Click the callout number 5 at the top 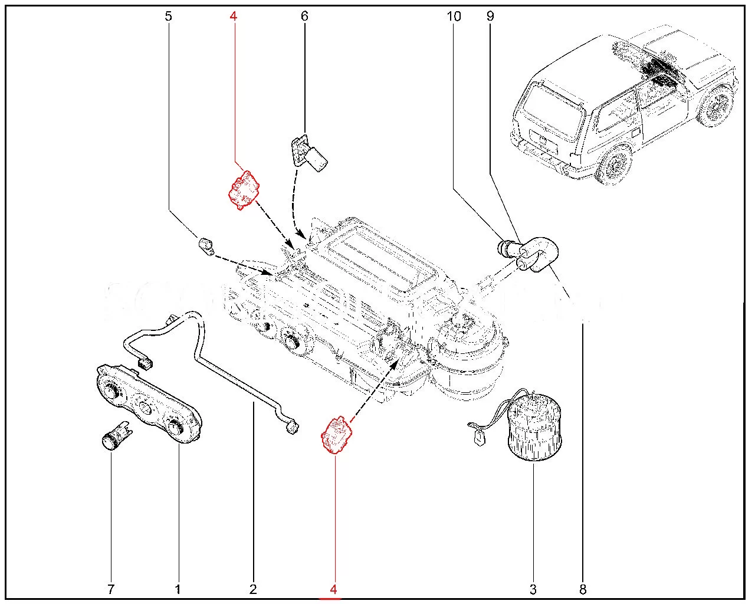(x=169, y=16)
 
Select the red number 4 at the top (x=234, y=16)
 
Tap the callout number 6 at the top (x=304, y=16)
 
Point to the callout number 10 (x=454, y=16)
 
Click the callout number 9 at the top (x=490, y=16)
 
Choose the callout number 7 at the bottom (x=111, y=589)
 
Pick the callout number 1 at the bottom (x=178, y=589)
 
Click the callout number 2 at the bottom (x=253, y=589)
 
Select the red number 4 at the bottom (x=334, y=589)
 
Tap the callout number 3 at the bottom (x=533, y=589)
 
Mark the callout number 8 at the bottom (x=583, y=589)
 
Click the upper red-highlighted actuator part (x=244, y=189)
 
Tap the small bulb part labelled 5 (x=205, y=245)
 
